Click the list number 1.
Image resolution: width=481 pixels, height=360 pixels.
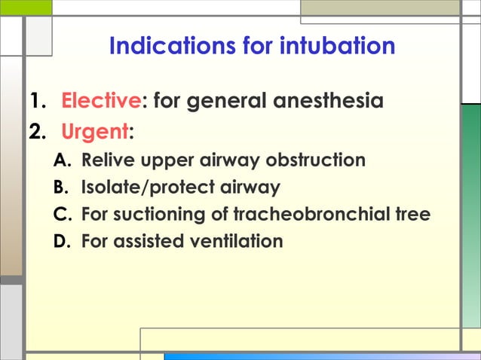point(36,100)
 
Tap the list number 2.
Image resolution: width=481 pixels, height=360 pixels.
point(36,133)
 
